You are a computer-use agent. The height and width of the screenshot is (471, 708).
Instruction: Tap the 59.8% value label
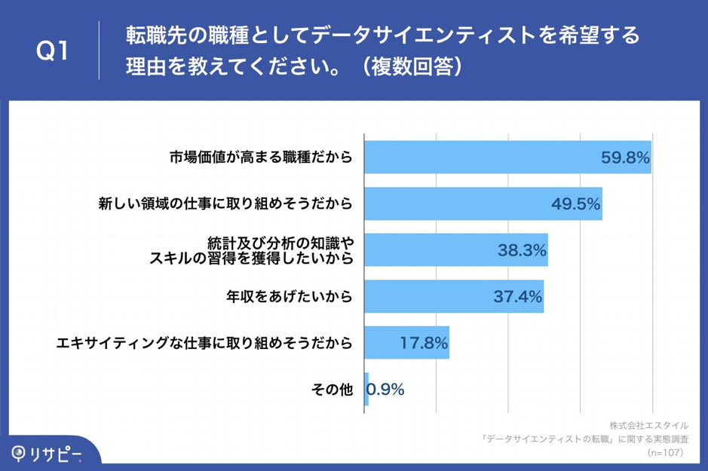point(625,158)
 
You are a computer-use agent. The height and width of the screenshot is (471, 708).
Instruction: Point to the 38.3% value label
point(521,250)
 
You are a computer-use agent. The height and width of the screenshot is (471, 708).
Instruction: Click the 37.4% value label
point(517,297)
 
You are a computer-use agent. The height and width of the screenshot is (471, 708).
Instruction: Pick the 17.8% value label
point(424,343)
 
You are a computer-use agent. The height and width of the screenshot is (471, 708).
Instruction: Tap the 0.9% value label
point(386,389)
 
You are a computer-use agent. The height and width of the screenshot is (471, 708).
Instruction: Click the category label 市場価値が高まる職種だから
point(259,158)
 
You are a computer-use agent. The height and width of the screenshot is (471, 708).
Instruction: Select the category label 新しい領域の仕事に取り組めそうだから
point(225,203)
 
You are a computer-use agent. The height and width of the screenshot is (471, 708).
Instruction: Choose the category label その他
point(332,389)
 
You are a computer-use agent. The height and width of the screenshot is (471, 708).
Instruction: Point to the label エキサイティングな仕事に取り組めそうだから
point(204,343)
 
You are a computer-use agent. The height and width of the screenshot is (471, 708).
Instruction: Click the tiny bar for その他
point(366,389)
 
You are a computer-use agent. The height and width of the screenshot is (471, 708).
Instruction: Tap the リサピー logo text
point(54,453)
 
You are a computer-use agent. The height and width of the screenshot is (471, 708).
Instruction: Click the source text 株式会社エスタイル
point(648,425)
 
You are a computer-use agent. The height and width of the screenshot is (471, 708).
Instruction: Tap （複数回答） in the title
point(412,67)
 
